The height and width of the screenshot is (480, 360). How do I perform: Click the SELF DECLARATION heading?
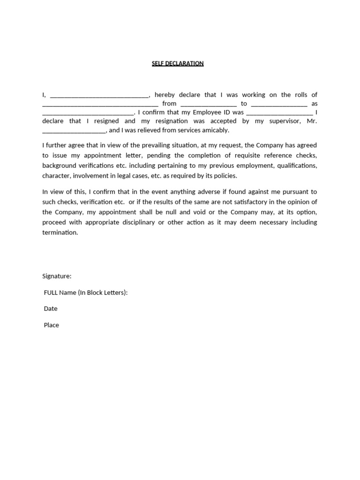pos(178,63)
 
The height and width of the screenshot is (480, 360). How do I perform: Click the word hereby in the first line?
pos(165,95)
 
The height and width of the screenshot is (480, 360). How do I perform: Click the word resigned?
pos(106,121)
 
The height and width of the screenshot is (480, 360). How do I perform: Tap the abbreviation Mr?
pos(312,121)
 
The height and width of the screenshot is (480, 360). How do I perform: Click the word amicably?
pos(214,130)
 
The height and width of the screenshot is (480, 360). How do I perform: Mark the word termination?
pos(60,232)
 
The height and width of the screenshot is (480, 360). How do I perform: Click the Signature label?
pos(57,276)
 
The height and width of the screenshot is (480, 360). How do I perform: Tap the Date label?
pos(51,308)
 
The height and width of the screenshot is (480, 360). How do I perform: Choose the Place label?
pos(52,325)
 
